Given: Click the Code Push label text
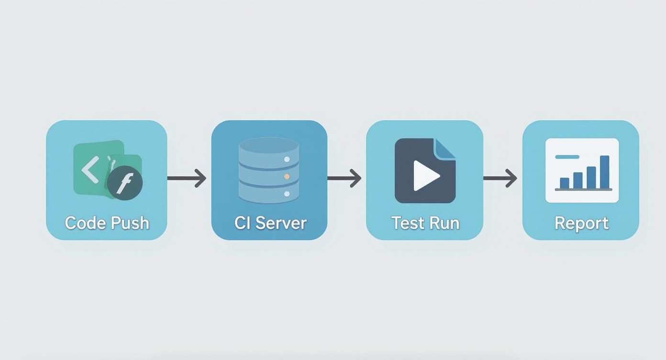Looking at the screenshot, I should (x=107, y=223).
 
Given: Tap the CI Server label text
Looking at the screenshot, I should (x=270, y=223).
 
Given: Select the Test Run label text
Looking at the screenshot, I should (x=425, y=223).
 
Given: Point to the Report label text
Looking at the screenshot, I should (x=581, y=223).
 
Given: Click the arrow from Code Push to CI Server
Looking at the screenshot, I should (x=187, y=178).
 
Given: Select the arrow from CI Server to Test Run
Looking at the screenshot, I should (x=344, y=178).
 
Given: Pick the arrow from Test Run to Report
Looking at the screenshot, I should (x=500, y=178).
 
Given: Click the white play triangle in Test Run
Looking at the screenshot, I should (x=425, y=176).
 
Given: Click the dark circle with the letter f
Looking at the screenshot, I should (x=125, y=183).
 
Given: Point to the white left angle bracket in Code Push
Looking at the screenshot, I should (x=90, y=169).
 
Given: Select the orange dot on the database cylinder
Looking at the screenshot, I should (x=287, y=177).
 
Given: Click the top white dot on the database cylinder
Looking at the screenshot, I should (x=287, y=159).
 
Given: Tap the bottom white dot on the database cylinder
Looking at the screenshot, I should (x=287, y=194).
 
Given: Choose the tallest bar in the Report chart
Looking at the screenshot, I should (x=604, y=172).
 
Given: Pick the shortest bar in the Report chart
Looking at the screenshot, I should (x=565, y=183).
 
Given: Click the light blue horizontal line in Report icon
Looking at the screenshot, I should (x=567, y=157).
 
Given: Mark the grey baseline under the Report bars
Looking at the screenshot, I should (x=583, y=190).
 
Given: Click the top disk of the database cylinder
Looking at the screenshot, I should (x=268, y=146).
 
